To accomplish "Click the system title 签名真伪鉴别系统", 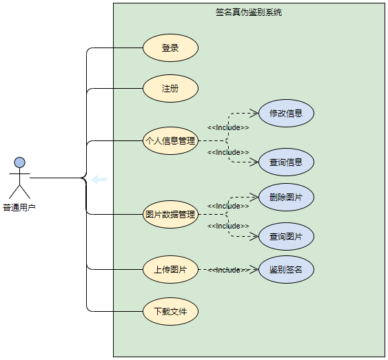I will click(x=249, y=12).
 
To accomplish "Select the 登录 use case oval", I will click(x=170, y=48).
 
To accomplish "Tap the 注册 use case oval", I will click(x=170, y=89).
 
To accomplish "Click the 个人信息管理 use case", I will click(x=170, y=141).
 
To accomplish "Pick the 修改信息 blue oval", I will click(x=286, y=113).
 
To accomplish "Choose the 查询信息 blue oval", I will click(x=286, y=162).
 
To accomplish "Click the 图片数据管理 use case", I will click(x=170, y=214).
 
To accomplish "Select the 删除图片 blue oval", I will click(x=286, y=198).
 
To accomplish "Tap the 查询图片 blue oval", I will click(x=286, y=237).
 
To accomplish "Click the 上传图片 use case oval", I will click(x=170, y=269).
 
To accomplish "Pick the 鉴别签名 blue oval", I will click(x=286, y=269).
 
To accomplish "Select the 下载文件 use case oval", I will click(x=170, y=311).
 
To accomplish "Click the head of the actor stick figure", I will click(x=20, y=162).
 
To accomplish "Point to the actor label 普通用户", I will click(x=19, y=207).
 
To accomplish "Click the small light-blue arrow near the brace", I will click(x=99, y=180).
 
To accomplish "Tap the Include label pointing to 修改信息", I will click(x=228, y=127).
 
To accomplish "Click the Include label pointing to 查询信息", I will click(x=228, y=152).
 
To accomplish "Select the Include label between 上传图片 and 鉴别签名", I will click(x=228, y=270).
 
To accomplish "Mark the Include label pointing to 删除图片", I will click(x=228, y=206).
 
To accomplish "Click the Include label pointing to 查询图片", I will click(x=228, y=226).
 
